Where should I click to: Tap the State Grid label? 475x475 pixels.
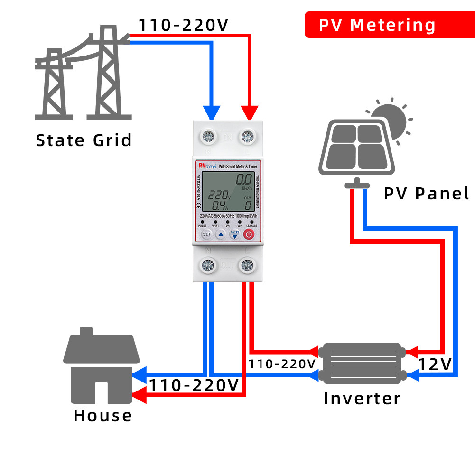tap(84, 140)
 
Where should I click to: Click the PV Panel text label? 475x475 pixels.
tap(426, 194)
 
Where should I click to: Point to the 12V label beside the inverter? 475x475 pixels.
tap(435, 364)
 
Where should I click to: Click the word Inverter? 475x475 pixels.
tap(362, 399)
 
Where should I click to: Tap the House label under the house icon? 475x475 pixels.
tap(102, 416)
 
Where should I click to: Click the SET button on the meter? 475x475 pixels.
tap(206, 234)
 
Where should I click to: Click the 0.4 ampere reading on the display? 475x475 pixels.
tap(219, 205)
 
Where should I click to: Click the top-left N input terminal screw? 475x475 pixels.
tap(208, 137)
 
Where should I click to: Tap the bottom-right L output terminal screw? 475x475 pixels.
tap(247, 264)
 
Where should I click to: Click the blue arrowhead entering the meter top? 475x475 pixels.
tap(212, 113)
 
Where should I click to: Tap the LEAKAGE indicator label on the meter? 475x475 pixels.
tap(251, 226)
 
